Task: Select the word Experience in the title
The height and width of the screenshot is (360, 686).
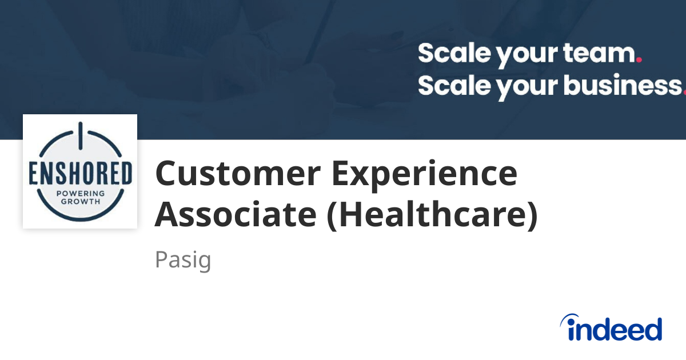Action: click(x=425, y=174)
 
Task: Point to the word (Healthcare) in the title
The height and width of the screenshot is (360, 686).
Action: click(x=432, y=215)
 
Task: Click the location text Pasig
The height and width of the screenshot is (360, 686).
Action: click(x=183, y=260)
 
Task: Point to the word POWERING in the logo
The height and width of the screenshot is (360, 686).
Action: click(x=80, y=194)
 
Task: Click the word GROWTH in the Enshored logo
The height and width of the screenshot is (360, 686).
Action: click(x=80, y=202)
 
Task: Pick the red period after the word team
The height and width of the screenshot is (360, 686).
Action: click(x=639, y=59)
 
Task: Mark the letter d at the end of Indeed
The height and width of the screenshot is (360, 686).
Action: click(x=652, y=329)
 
